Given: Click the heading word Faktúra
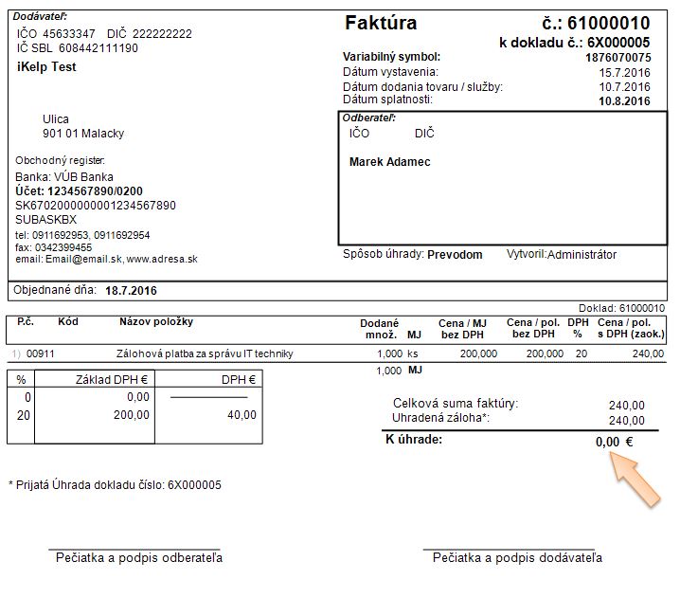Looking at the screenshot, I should point(381,23).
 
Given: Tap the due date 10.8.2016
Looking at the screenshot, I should point(625,100).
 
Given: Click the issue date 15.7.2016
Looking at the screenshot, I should point(629,72).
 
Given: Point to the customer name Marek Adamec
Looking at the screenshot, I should point(389,162).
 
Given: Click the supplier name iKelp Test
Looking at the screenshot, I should point(46,67).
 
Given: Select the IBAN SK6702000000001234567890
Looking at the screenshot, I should point(96,206).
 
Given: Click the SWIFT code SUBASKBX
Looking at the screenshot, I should point(45,219).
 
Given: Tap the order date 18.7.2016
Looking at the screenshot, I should point(131,291).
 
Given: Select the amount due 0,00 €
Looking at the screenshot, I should point(614,442).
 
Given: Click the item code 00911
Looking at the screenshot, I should point(40,353).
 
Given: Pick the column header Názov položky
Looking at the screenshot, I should point(155,322).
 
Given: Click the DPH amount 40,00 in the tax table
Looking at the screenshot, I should point(241,415).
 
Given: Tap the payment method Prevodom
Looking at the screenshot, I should point(455,255).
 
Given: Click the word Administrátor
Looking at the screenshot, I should point(582,255).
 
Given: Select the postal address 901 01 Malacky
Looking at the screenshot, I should point(83,134).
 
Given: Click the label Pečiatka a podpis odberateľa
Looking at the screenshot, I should point(139,558).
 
